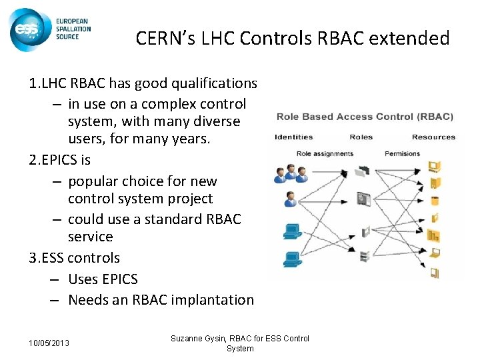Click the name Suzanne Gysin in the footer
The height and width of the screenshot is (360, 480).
tap(199, 339)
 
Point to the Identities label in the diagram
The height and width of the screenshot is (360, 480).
tap(293, 137)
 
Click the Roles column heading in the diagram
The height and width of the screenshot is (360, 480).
tap(361, 137)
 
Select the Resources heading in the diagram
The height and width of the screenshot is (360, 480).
tap(433, 137)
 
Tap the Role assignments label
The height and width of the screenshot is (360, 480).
tap(325, 153)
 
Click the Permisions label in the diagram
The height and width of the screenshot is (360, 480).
tap(403, 153)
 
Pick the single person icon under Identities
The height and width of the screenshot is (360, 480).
tap(290, 199)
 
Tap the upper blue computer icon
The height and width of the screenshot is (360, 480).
tap(291, 231)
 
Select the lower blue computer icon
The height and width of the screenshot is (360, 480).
tap(291, 257)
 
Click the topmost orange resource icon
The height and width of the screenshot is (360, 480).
tap(435, 167)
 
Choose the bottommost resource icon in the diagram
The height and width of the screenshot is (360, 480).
tap(435, 271)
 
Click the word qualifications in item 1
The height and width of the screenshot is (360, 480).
tap(213, 83)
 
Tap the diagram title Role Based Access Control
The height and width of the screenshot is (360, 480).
tap(364, 117)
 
